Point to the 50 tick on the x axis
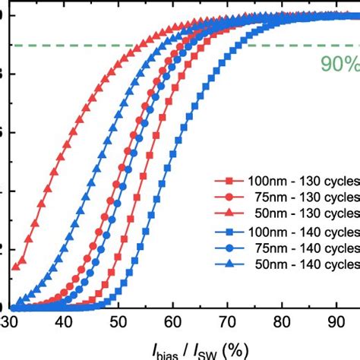tap(119, 321)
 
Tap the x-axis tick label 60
tap(173, 321)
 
